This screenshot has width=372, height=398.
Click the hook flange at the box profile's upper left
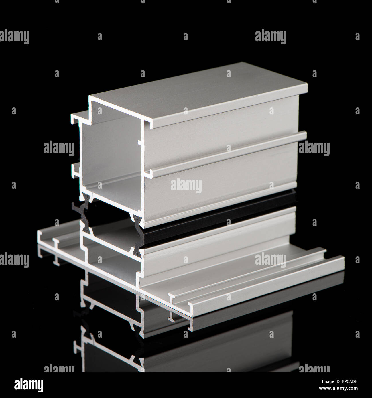(x=77, y=117)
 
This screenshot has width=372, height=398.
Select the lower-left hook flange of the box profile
(x=75, y=169)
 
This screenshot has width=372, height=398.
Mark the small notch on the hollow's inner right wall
(x=139, y=143)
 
